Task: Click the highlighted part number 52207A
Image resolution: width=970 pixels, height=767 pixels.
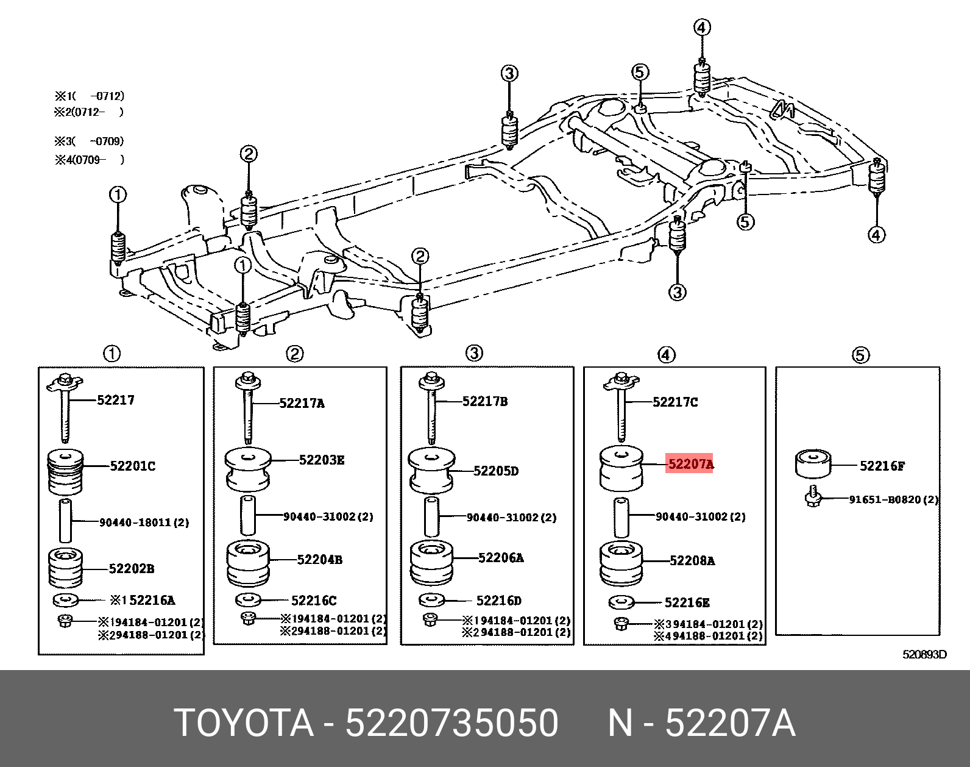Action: tap(690, 465)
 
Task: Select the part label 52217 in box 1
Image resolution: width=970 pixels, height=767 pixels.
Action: tap(116, 400)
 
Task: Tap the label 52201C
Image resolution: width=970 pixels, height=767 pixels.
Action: tap(132, 466)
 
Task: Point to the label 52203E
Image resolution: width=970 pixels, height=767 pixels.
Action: tap(321, 460)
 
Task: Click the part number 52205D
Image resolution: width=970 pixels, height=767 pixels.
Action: tap(496, 471)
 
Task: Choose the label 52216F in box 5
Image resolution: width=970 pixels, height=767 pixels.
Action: tap(882, 466)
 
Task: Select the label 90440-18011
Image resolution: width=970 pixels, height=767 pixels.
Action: tap(144, 522)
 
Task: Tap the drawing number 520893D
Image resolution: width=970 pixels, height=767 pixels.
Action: tap(924, 655)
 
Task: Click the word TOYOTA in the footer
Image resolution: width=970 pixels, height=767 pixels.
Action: tap(244, 724)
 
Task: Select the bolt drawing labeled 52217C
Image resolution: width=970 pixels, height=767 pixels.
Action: tap(620, 405)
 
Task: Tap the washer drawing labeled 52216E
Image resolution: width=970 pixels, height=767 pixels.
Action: tap(621, 602)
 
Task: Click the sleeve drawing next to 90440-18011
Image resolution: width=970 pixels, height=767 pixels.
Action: tap(65, 520)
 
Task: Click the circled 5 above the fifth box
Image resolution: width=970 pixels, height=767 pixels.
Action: tap(860, 355)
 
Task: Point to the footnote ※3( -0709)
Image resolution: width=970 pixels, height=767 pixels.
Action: tap(90, 141)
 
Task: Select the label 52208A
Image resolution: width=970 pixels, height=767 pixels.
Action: tap(692, 560)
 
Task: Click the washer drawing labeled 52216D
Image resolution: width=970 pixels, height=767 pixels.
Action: tap(433, 600)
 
